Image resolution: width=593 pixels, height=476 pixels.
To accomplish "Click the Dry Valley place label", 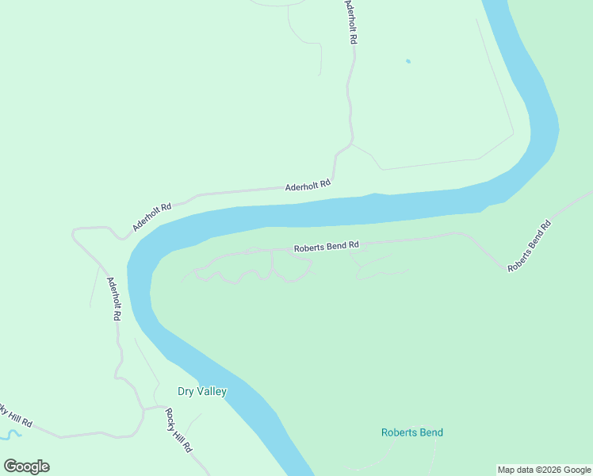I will click(x=201, y=391).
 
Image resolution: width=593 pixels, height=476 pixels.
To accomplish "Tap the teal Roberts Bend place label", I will click(x=411, y=432).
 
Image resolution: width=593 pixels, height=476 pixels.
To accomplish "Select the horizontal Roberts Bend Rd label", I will click(x=327, y=248).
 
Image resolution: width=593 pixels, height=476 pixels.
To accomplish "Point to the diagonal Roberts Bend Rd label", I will click(x=529, y=246).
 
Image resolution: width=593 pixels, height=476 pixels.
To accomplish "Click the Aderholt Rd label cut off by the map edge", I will click(x=350, y=20).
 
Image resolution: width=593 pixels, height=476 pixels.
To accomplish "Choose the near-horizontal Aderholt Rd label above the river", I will click(x=308, y=186).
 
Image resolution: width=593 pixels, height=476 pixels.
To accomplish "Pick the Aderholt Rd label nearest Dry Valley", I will click(x=113, y=298).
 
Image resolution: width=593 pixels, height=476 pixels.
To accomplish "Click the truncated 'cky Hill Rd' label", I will click(x=16, y=416).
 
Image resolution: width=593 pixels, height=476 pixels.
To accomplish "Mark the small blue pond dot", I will click(x=408, y=61).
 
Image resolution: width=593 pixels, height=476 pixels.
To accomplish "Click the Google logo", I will click(x=27, y=466).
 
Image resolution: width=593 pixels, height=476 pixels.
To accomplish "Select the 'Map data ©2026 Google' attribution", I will click(x=545, y=470).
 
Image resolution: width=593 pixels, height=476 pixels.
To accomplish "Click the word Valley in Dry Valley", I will click(x=212, y=391).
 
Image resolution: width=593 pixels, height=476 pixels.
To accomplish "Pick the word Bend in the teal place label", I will click(x=431, y=432).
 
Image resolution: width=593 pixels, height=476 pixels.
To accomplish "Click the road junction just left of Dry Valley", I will click(x=144, y=409).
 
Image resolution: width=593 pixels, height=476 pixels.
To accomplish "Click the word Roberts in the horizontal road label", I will click(x=309, y=248).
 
